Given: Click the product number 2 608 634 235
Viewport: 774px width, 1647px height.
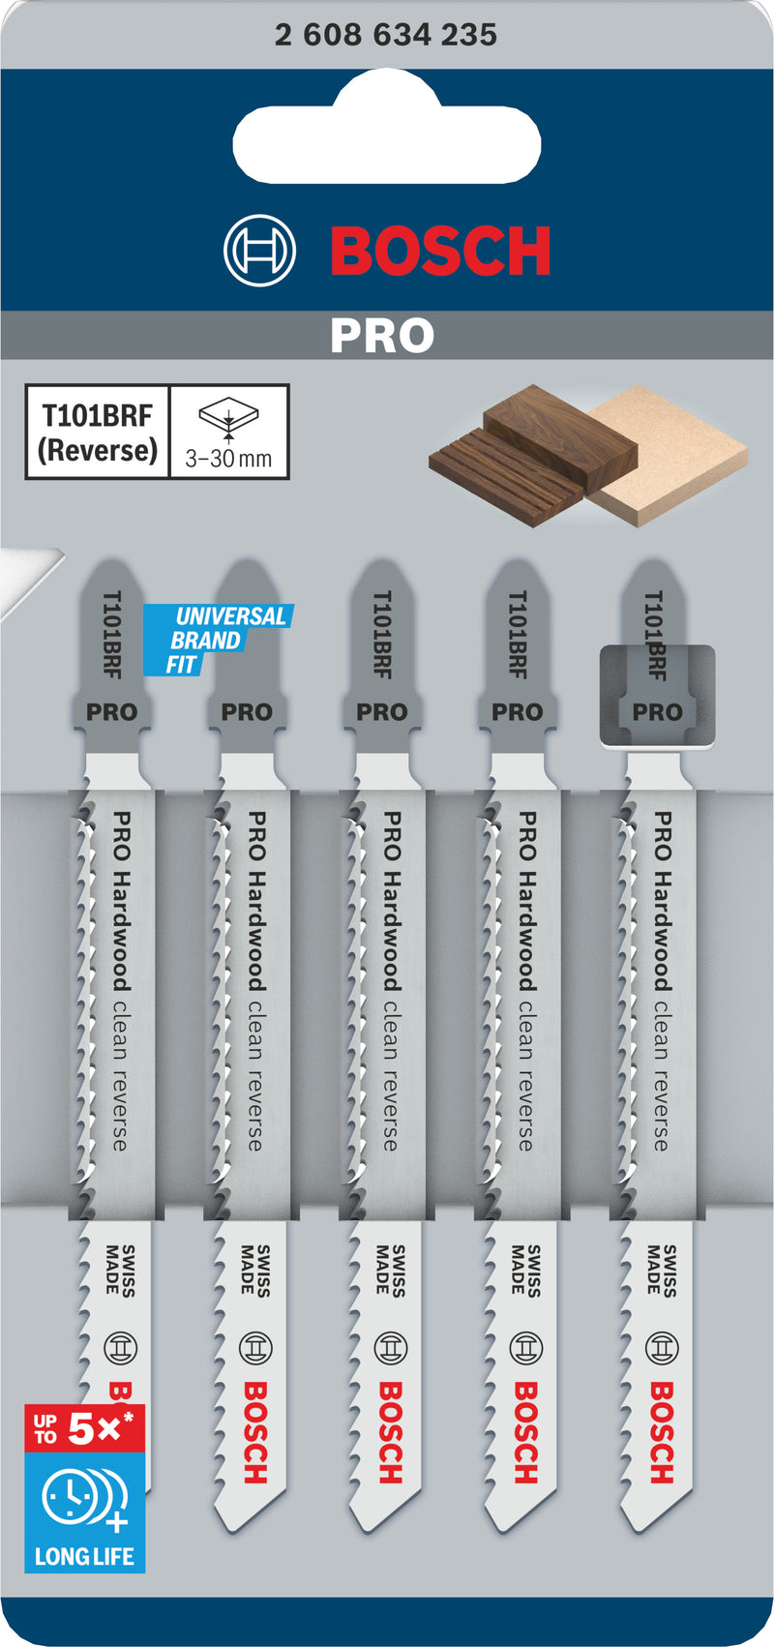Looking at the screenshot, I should point(386,35).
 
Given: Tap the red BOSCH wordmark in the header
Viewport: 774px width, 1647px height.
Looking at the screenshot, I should point(440,252).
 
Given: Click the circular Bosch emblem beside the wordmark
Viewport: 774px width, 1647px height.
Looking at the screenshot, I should point(259,252).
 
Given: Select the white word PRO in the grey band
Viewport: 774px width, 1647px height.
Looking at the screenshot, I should point(382,336).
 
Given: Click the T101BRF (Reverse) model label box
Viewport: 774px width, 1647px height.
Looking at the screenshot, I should point(98,433).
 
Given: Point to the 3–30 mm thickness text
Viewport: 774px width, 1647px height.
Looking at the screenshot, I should point(228,458).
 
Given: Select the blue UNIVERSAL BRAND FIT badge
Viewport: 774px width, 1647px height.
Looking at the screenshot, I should point(218,640).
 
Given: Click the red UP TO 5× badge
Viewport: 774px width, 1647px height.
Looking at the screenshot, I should point(84,1429).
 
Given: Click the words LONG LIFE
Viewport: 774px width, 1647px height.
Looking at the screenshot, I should point(84,1556).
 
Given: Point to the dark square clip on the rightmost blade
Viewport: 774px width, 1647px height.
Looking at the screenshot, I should point(657,696).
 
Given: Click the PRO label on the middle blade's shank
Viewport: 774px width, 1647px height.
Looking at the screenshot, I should point(382,712).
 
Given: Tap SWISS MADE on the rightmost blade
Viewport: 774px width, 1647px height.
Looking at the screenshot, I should point(663,1271).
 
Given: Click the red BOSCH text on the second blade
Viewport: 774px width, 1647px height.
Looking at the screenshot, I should point(255,1432).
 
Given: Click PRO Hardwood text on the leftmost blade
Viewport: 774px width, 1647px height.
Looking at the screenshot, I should point(121,901).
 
